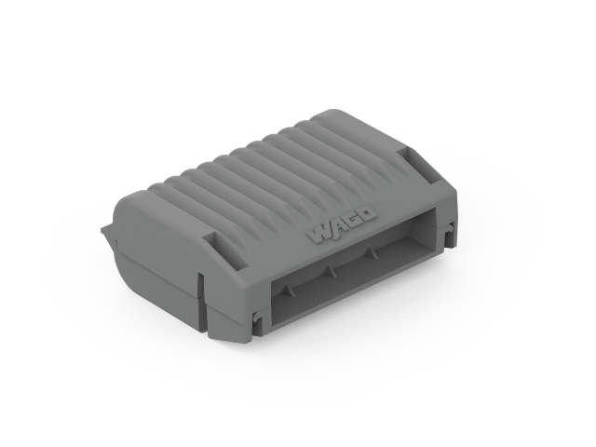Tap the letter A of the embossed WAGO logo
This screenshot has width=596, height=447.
pyautogui.click(x=338, y=226)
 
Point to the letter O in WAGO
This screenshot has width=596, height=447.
pyautogui.click(x=368, y=214)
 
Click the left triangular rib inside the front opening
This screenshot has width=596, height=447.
pyautogui.click(x=288, y=290)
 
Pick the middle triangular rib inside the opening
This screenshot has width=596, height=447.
pyautogui.click(x=330, y=270)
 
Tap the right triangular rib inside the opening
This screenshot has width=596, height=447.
pyautogui.click(x=371, y=252)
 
